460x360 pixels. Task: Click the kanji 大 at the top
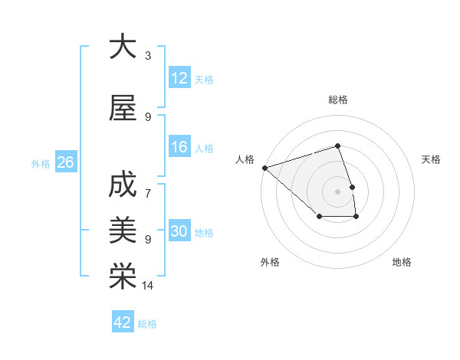point(123,47)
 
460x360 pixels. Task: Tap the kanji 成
point(123,185)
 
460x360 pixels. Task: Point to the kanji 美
point(123,231)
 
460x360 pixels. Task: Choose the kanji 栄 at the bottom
point(123,277)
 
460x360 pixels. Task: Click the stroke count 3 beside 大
point(148,56)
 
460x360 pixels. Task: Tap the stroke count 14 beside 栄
point(148,286)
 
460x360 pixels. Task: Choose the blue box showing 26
point(65,162)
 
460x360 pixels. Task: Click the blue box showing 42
point(123,322)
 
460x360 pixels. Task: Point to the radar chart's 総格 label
point(338,100)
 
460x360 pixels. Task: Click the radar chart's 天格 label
point(432,159)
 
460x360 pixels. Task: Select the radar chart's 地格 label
point(402,262)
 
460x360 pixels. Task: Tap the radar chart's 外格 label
point(270,262)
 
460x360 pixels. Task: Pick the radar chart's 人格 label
point(245,159)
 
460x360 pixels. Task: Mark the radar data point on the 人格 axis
point(264,167)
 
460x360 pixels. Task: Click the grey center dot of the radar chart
point(337,191)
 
